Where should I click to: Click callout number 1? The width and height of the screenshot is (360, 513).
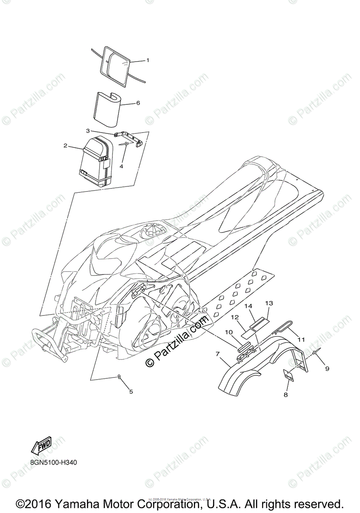(148, 60)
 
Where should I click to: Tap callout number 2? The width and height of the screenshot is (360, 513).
(65, 146)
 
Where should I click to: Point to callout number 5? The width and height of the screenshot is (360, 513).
(131, 391)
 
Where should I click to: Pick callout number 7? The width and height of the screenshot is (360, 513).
(218, 354)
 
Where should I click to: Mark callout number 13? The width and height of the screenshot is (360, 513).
(269, 303)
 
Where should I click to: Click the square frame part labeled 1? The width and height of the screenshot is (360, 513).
(115, 64)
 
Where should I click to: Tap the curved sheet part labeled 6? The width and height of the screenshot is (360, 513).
(106, 109)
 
